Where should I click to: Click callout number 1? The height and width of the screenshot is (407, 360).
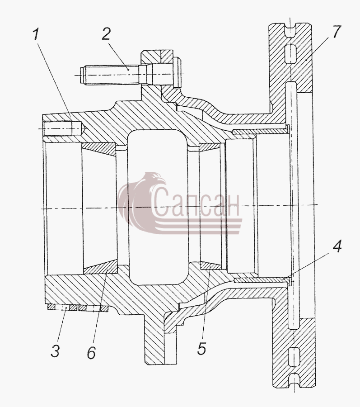click(x=36, y=34)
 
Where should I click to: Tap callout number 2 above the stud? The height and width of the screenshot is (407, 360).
click(x=106, y=34)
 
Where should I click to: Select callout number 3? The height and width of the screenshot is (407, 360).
click(x=55, y=351)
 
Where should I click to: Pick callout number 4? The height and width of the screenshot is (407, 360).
click(x=337, y=246)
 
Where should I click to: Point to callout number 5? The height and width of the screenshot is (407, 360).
click(x=201, y=348)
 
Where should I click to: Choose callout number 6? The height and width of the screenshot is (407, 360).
click(x=91, y=352)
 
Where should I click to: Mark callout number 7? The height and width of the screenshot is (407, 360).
click(x=336, y=32)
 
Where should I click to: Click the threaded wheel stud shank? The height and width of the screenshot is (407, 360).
click(x=112, y=75)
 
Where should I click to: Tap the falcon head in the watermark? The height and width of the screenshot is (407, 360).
click(x=155, y=179)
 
